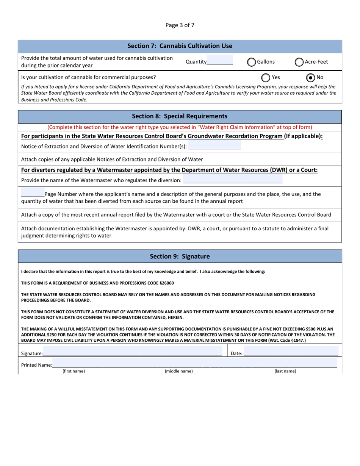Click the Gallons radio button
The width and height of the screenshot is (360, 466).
click(252, 62)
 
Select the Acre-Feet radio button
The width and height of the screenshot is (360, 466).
click(299, 62)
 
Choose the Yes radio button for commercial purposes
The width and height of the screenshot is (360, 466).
click(266, 78)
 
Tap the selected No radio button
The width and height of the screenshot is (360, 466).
click(310, 78)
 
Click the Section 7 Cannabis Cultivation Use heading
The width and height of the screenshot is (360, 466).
click(180, 46)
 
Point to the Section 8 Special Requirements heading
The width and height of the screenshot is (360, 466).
click(180, 116)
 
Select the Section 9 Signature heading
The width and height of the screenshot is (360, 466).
click(180, 256)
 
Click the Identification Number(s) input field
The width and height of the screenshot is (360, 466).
click(214, 146)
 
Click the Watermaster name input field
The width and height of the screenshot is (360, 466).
click(232, 180)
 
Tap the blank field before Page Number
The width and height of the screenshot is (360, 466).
click(33, 194)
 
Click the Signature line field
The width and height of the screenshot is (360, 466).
click(133, 353)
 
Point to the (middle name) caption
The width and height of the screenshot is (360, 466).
click(178, 371)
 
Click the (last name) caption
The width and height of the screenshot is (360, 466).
click(285, 371)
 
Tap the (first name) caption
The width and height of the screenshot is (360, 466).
click(74, 371)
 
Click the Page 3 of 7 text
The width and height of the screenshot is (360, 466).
click(180, 25)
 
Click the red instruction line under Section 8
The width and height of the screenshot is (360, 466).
click(180, 127)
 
